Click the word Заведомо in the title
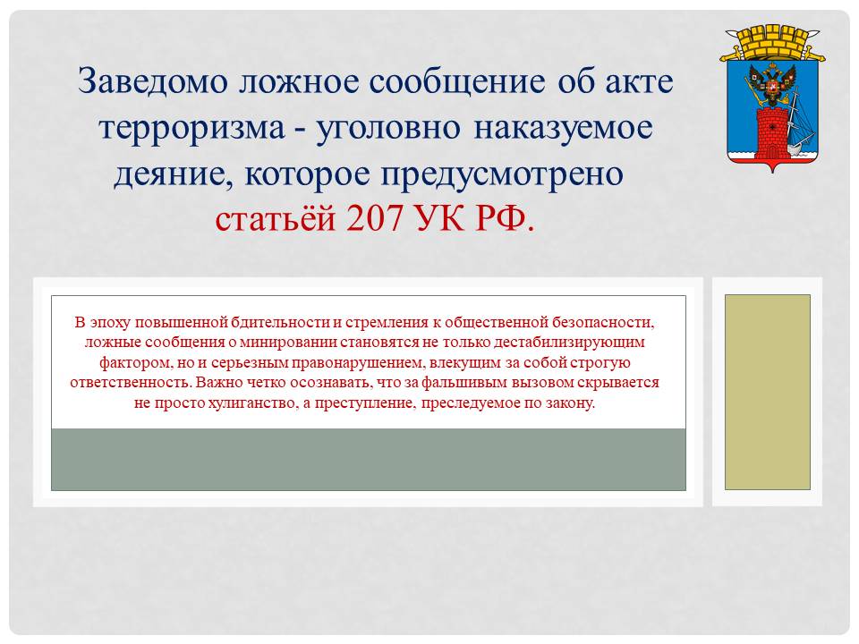(152, 80)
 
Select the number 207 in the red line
(375, 218)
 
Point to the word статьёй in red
(275, 219)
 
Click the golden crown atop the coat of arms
(772, 43)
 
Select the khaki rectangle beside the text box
(768, 392)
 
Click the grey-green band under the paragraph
(368, 460)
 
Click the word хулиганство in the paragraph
(251, 403)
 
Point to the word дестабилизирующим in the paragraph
(569, 343)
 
